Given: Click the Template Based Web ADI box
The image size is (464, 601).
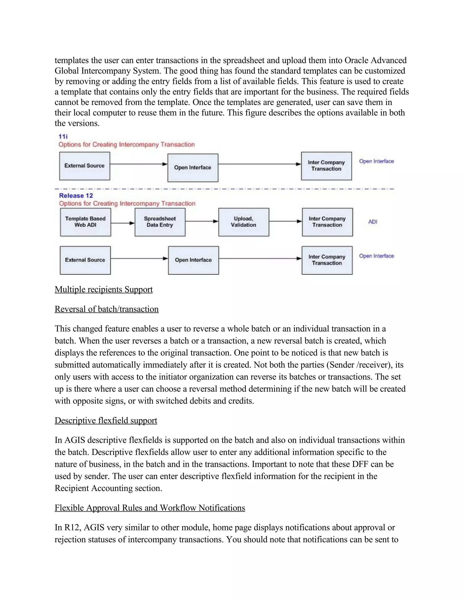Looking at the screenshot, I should coord(85,222).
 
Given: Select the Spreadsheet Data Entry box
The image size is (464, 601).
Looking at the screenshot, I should coord(160,222).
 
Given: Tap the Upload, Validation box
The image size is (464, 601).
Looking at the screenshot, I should coord(244,222).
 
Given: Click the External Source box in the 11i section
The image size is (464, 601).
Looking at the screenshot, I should coord(85,166).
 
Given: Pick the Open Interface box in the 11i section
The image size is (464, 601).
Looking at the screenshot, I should coord(193,168).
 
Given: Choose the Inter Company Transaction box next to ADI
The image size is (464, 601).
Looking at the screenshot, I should coord(327,222).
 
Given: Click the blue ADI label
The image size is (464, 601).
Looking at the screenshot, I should coord(373,222).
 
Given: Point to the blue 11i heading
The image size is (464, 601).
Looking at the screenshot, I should coord(63,137).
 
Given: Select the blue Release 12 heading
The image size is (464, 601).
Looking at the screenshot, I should coord(76,196).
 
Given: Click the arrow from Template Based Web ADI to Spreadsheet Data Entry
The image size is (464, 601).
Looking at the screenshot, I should coord(123,223).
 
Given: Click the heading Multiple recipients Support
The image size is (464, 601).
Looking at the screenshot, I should coord(104,289).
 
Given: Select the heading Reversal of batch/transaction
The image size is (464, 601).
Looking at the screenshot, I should coord(107,309).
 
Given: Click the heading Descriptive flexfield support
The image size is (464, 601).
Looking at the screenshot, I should coord(106,420).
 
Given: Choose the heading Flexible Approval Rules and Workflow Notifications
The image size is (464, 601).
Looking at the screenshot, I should coord(150,508).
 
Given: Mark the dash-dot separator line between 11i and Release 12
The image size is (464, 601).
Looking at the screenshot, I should coord(224,189).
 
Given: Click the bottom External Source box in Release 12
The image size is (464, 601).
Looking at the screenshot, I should coord(85,260).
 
